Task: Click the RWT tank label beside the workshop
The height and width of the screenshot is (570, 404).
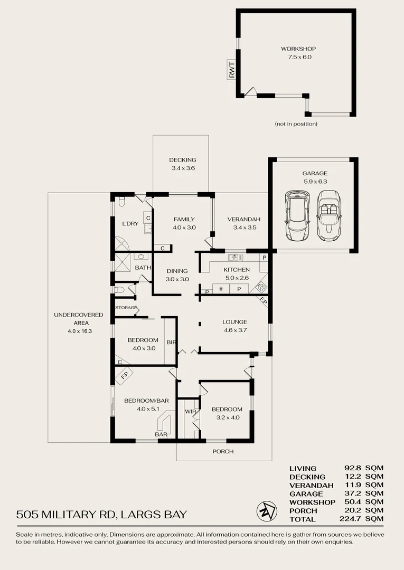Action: pos(232,70)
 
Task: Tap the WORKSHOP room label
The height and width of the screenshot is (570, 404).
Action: pos(298,49)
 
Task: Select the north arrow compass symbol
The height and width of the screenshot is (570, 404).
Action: pos(267,511)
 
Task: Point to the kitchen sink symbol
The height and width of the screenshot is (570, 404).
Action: pos(236,258)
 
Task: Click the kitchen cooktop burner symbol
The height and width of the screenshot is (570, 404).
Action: pos(261,287)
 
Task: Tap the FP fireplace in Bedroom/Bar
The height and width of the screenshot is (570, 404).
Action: pos(124,376)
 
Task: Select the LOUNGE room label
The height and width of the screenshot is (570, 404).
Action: pos(235,322)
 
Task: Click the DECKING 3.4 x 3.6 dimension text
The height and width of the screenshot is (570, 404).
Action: pos(183,168)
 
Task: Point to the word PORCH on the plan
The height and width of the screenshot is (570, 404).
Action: pos(223,451)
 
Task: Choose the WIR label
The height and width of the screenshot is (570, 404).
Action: pos(190,412)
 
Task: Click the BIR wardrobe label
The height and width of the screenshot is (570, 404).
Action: pos(171,342)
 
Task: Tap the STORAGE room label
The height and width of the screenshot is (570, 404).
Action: pos(126,308)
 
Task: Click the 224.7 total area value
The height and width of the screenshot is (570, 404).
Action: pos(351,519)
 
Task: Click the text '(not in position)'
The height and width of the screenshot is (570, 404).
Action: pos(296,124)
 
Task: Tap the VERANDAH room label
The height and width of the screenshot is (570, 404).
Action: pos(243,219)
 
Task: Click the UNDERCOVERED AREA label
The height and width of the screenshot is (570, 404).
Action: pos(79,319)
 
